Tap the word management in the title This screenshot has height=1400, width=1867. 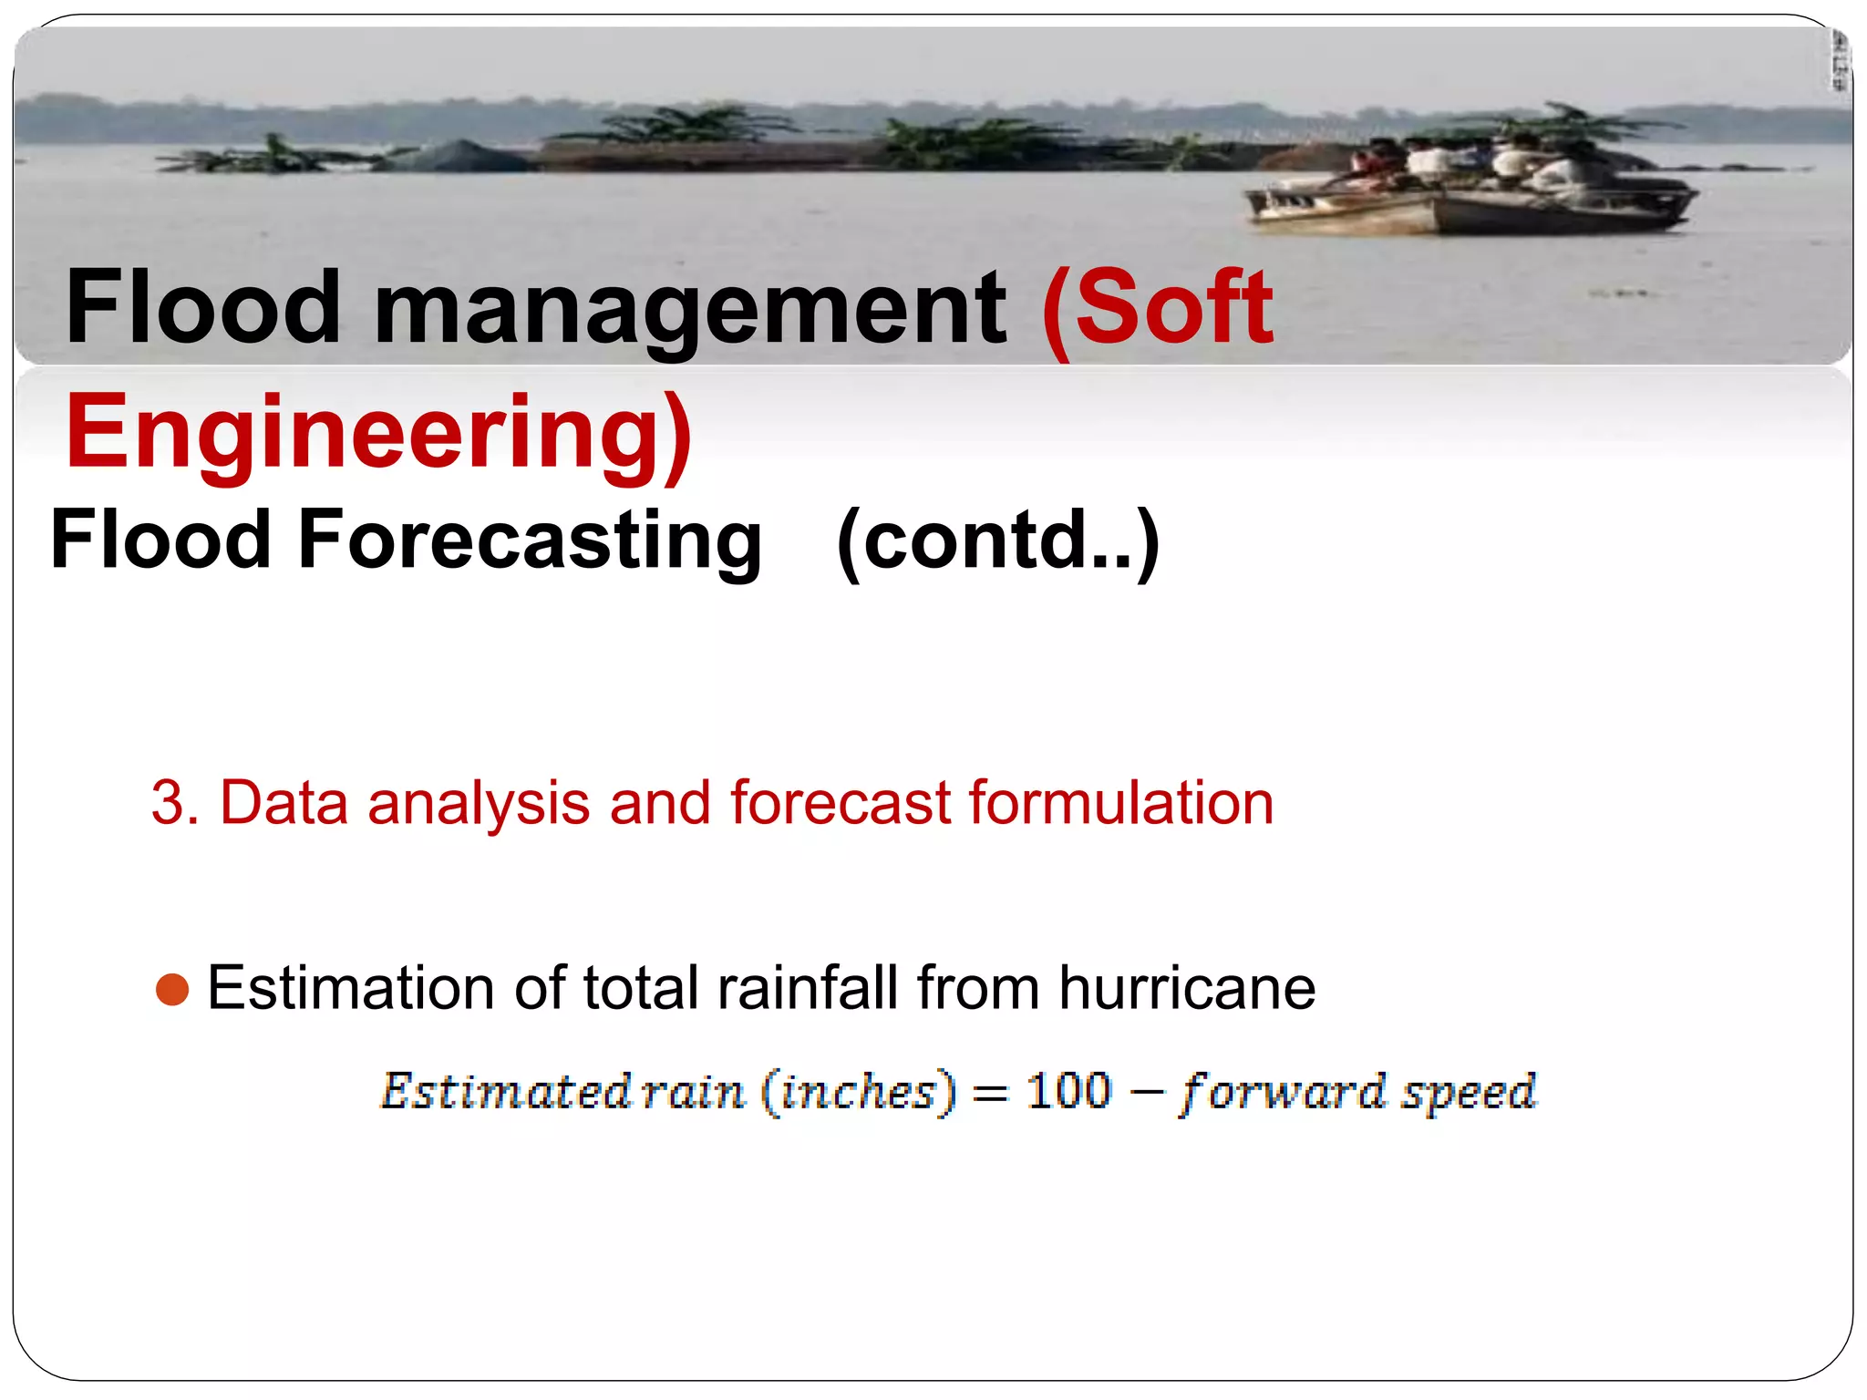click(x=690, y=310)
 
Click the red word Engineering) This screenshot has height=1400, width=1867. click(x=378, y=431)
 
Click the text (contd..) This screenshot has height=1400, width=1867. click(x=998, y=540)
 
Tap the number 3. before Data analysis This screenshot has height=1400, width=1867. click(x=174, y=803)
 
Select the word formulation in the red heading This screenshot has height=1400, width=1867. click(x=1120, y=803)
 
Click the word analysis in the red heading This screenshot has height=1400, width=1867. click(x=478, y=803)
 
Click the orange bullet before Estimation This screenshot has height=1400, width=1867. click(x=172, y=989)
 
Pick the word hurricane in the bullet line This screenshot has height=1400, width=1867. click(x=1186, y=988)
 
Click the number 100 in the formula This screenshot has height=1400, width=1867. click(x=1068, y=1091)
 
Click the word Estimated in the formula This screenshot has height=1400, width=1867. click(x=505, y=1091)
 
